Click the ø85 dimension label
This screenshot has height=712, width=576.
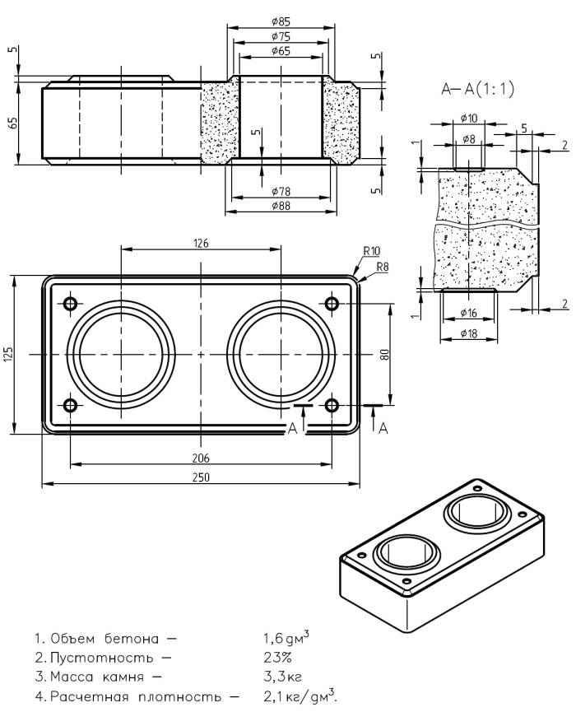(280, 21)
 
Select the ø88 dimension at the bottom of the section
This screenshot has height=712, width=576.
(281, 205)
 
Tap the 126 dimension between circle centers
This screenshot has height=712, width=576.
(201, 244)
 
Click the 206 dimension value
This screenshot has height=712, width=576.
(201, 458)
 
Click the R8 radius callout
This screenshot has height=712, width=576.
(381, 267)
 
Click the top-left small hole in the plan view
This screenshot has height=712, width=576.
(69, 304)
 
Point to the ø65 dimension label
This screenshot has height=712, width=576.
(280, 51)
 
